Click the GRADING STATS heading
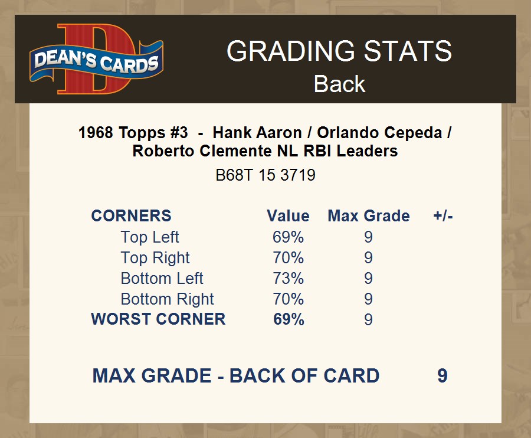(339, 51)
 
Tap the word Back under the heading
(339, 84)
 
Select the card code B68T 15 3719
(265, 175)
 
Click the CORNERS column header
(131, 216)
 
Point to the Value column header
(288, 216)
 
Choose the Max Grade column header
(369, 216)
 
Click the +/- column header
(443, 216)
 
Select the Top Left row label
(150, 237)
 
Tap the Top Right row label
(155, 257)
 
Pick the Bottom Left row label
(162, 278)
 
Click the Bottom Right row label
(168, 299)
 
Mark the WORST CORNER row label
(158, 319)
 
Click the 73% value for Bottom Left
(288, 278)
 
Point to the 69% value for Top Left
(288, 237)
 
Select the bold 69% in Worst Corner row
(289, 319)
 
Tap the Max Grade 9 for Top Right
(368, 257)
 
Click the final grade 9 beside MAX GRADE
(442, 375)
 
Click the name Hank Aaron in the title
(257, 132)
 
